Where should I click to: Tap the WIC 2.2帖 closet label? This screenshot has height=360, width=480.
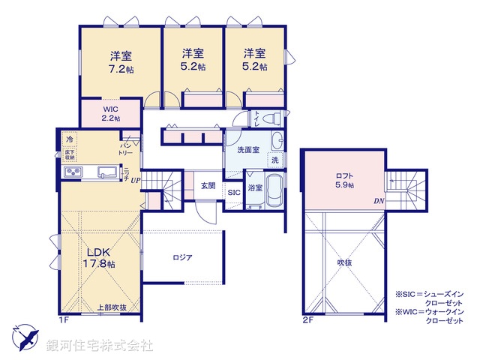tap(111, 113)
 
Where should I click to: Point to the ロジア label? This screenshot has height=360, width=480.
tap(182, 257)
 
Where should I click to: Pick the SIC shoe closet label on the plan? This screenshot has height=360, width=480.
tap(234, 192)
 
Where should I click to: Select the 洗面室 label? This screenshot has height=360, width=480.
tap(248, 150)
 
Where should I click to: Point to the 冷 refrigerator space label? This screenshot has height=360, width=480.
tap(69, 139)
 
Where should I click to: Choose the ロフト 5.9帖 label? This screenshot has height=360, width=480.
tap(344, 181)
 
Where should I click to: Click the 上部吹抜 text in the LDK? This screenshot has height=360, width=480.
tap(112, 307)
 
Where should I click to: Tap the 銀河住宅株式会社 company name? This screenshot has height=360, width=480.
tap(100, 346)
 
